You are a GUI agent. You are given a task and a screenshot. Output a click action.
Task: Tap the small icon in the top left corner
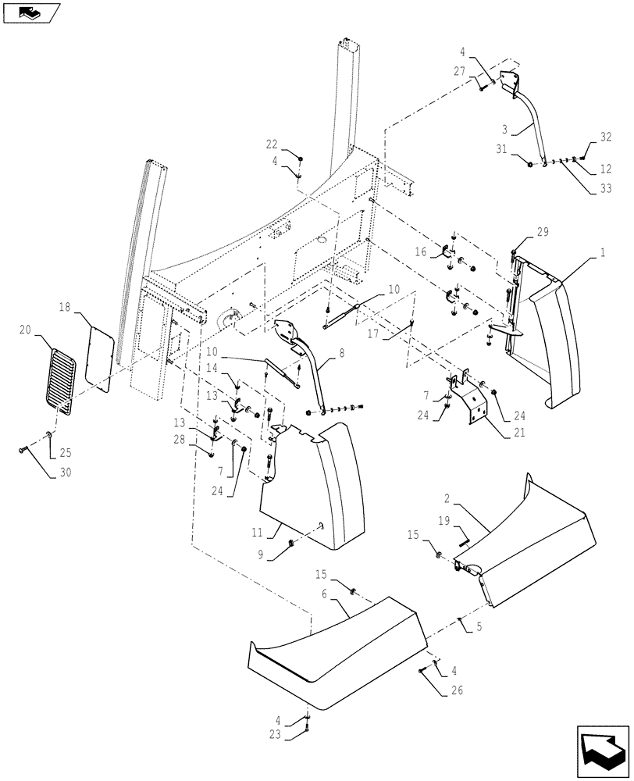tap(30, 12)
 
